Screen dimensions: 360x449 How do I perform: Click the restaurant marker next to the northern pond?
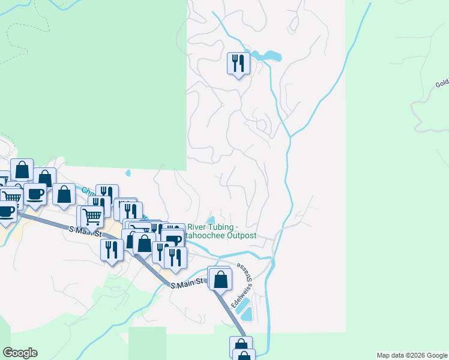pos(238,63)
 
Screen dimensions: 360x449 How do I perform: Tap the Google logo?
pos(20,353)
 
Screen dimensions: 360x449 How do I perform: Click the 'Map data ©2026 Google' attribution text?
pos(412,355)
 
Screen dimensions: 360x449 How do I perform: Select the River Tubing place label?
pos(213,227)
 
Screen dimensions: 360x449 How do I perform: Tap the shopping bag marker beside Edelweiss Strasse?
pos(221,278)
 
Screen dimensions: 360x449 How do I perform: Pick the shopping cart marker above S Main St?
pos(92,216)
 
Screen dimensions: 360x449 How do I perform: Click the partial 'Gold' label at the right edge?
pos(442,83)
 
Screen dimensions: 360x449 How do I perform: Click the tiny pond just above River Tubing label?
pos(211,218)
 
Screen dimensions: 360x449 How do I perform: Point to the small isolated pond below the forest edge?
pos(128,173)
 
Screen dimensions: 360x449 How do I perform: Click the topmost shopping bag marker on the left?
pos(22,170)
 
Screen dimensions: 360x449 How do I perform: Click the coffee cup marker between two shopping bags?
pos(35,194)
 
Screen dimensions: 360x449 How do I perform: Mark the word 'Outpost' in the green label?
pos(241,236)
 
